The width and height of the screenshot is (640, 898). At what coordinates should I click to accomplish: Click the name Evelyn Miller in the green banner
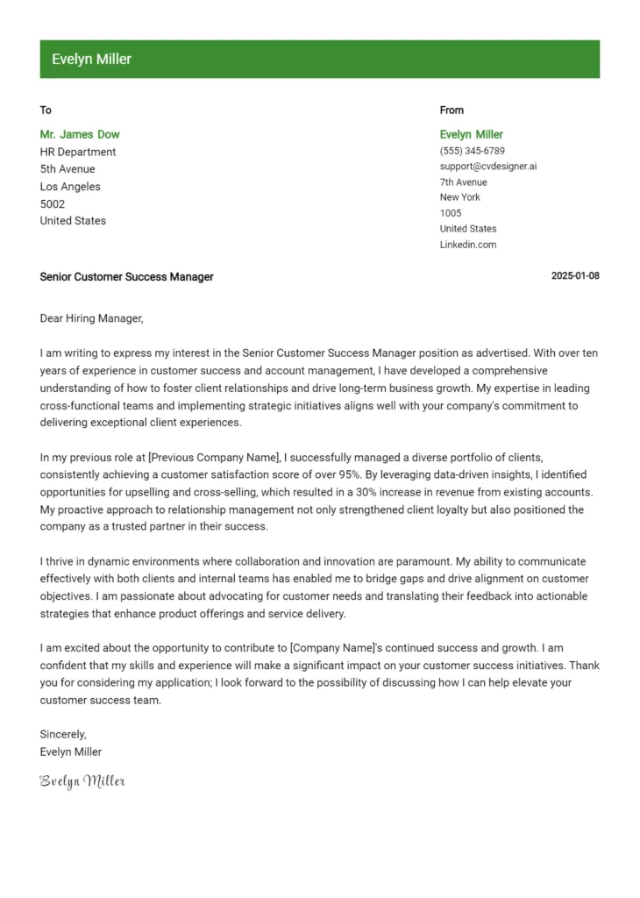[x=91, y=60]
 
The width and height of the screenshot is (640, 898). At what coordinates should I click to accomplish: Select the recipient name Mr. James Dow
[x=80, y=134]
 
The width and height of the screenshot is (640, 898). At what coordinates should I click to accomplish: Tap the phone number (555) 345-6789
[x=472, y=151]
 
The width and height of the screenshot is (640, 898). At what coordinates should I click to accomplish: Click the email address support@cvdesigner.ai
[x=487, y=167]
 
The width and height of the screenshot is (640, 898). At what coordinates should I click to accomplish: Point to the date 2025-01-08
[x=575, y=276]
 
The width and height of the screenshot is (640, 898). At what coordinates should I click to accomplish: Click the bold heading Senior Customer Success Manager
[x=126, y=276]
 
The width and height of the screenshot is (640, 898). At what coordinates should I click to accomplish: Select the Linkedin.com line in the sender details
[x=467, y=245]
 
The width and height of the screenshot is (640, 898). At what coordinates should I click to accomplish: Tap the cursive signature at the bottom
[x=82, y=780]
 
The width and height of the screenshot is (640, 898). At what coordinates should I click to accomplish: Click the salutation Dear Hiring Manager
[x=91, y=318]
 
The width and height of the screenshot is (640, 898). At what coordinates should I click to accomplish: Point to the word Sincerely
[x=63, y=734]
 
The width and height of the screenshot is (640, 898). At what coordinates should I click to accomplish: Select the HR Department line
[x=78, y=152]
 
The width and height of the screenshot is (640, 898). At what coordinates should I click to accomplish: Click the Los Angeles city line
[x=70, y=186]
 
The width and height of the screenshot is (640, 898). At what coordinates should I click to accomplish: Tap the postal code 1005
[x=451, y=213]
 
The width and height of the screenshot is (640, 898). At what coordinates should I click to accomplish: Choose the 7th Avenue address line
[x=463, y=182]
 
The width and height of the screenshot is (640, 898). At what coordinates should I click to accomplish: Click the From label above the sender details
[x=452, y=110]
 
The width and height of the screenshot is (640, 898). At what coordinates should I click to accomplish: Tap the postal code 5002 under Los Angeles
[x=53, y=203]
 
